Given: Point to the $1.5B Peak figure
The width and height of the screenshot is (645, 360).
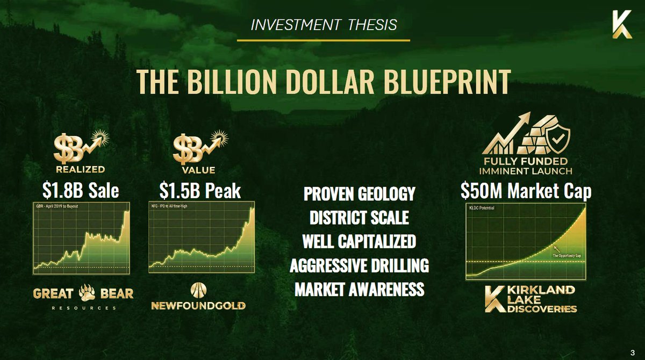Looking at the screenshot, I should (x=200, y=191).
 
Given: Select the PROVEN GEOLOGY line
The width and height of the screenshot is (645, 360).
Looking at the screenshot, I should (x=359, y=194).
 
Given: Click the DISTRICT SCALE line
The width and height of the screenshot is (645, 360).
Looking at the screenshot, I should (x=359, y=218).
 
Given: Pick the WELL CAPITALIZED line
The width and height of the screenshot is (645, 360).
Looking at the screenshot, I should (x=359, y=241).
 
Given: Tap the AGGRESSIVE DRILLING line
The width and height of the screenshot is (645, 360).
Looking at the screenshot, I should (x=359, y=265).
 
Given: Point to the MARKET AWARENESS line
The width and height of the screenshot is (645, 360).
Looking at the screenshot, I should (x=359, y=289).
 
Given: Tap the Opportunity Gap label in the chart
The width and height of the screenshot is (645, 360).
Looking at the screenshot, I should (x=567, y=256).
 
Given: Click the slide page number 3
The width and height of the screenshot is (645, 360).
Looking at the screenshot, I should (x=636, y=352).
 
